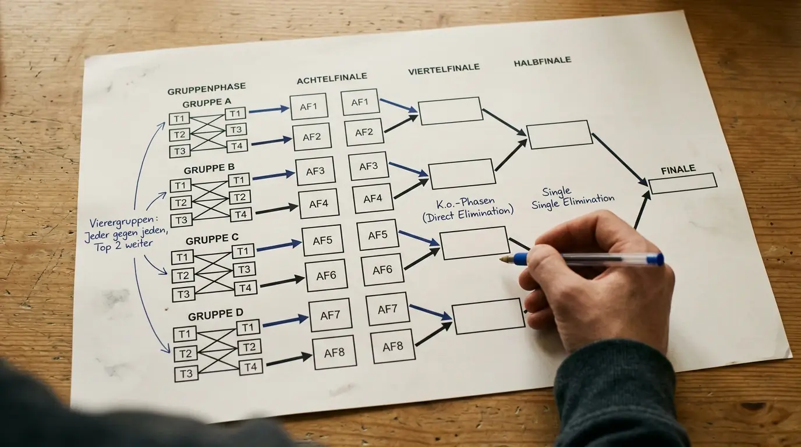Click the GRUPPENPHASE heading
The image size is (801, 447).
[x=207, y=88]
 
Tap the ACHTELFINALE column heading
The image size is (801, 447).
[x=332, y=79]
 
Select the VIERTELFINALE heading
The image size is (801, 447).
[x=444, y=69]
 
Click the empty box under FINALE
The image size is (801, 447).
[x=683, y=183]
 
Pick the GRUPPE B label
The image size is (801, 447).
[x=209, y=169]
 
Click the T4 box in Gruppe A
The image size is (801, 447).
[x=237, y=146]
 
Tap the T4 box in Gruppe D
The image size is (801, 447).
[x=251, y=367]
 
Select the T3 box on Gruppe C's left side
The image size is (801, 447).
[x=183, y=295]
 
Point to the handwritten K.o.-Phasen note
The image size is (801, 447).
[x=465, y=203]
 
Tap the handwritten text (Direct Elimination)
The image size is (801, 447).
[x=467, y=214]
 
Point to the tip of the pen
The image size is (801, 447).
[x=501, y=260]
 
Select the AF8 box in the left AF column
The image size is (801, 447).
[x=335, y=353]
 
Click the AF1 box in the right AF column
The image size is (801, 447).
[x=360, y=102]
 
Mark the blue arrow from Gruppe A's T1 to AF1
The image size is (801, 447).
[x=269, y=110]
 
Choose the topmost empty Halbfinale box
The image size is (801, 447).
[x=559, y=134]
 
